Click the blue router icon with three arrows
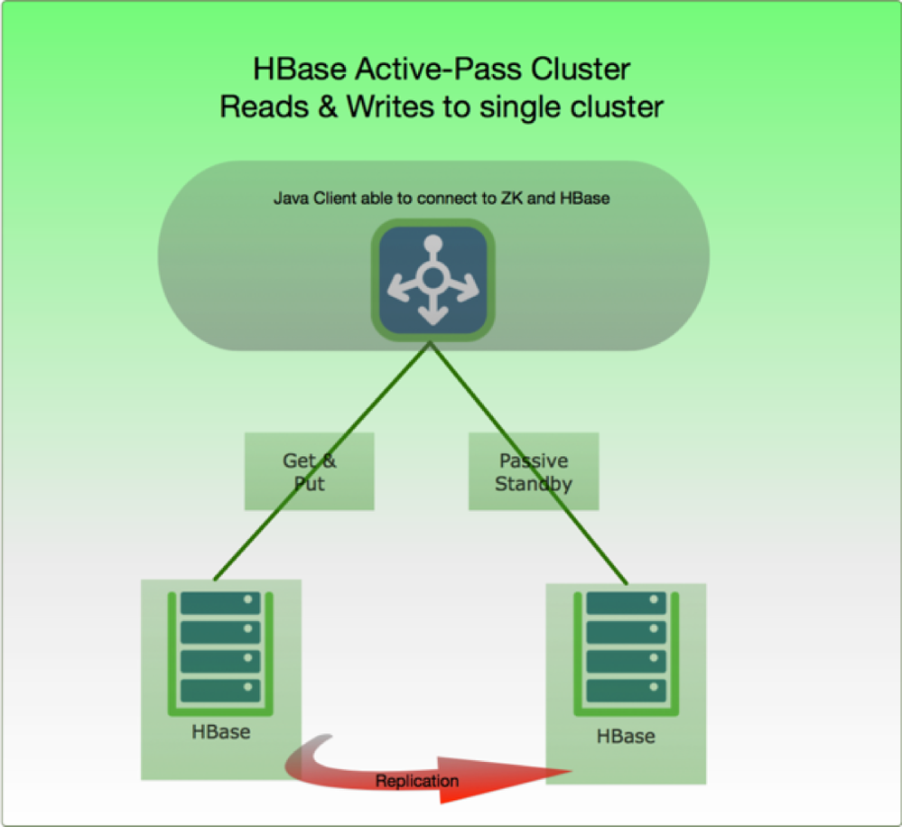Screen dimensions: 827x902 pos(433,280)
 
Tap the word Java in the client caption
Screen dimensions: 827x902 pos(290,198)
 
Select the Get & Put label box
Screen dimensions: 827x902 pos(309,471)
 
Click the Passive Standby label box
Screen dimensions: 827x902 pos(533,471)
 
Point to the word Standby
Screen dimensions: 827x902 pos(533,483)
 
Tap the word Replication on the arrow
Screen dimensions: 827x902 pos(417,781)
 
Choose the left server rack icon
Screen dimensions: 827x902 pos(220,650)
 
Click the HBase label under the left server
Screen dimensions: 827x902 pos(220,731)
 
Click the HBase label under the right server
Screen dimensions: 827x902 pos(626,736)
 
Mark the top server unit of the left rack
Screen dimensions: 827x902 pos(220,603)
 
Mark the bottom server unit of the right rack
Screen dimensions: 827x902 pos(626,691)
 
